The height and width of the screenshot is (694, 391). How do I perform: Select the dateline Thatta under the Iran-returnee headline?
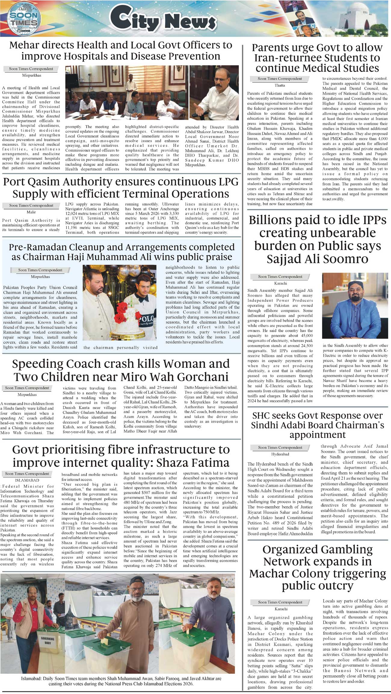click(280, 85)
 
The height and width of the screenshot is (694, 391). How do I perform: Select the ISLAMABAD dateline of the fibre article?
click(27, 480)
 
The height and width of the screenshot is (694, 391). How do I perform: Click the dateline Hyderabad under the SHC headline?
click(280, 454)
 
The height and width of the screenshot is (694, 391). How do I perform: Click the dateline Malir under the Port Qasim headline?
click(31, 212)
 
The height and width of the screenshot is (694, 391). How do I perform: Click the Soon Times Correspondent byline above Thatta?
click(280, 79)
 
